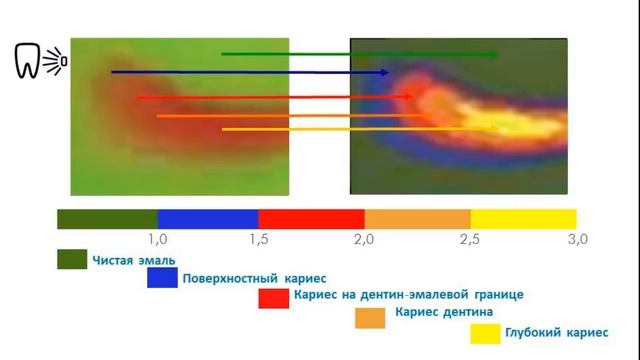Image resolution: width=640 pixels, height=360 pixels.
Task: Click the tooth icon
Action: coord(29,61)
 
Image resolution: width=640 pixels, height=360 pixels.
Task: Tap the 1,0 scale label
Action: coord(157,239)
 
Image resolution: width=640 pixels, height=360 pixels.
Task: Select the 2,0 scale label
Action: coord(364,239)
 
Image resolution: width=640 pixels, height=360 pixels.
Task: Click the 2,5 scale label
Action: coord(469,239)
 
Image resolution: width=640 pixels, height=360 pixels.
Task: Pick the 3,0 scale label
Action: coord(576,239)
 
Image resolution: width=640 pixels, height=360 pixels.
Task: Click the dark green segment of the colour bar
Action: coord(108,218)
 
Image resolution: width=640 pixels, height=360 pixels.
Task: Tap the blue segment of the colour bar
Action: coord(208,218)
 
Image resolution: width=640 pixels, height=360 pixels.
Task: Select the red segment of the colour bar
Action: coord(311,218)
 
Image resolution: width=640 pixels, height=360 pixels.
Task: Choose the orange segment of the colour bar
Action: coord(417,218)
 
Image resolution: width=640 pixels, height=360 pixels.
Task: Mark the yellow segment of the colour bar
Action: coord(523,218)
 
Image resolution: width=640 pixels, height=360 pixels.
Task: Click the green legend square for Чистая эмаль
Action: coord(72,260)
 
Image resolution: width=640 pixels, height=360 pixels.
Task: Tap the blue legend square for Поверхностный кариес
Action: coord(162,278)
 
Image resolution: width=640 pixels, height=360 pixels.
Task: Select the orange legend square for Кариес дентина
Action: coord(371,316)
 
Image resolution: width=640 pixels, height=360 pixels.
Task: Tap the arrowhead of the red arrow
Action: coord(409,97)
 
